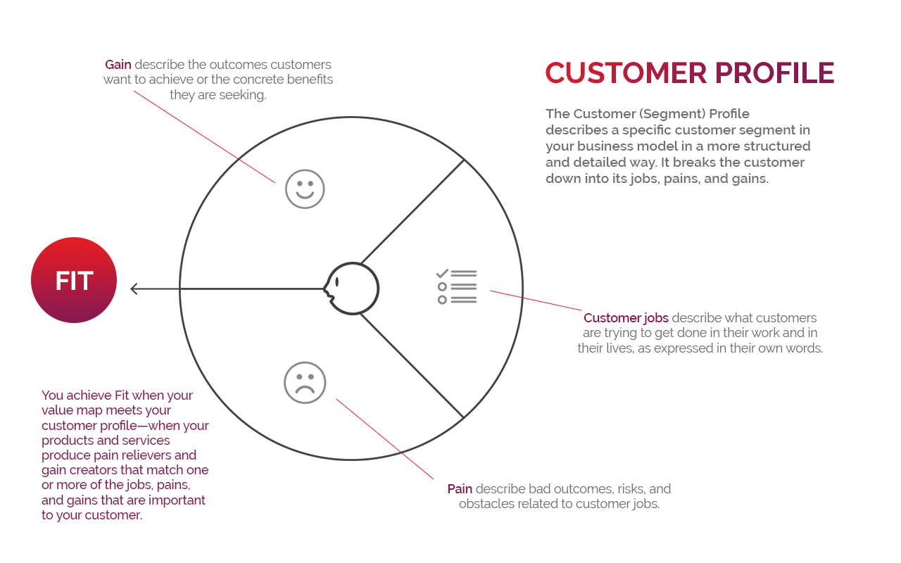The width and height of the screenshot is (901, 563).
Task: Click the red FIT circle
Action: [74, 280]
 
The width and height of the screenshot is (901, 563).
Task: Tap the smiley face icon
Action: [305, 189]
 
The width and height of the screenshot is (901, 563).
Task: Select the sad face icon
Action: [305, 383]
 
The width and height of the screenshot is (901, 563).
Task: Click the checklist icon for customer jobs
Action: [457, 286]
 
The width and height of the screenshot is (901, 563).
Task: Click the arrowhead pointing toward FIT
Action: [134, 289]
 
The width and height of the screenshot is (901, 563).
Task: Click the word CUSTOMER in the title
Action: [625, 74]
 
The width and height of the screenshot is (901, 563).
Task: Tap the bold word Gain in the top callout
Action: [118, 65]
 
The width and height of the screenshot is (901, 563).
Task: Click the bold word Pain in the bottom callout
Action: [460, 488]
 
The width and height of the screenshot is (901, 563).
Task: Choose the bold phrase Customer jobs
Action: [626, 318]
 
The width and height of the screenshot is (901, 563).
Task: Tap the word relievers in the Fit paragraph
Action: [168, 455]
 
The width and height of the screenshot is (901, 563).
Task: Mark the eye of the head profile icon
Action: [337, 281]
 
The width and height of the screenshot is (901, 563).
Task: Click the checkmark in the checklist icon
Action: [443, 273]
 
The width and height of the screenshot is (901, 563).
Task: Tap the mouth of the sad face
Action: [305, 389]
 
